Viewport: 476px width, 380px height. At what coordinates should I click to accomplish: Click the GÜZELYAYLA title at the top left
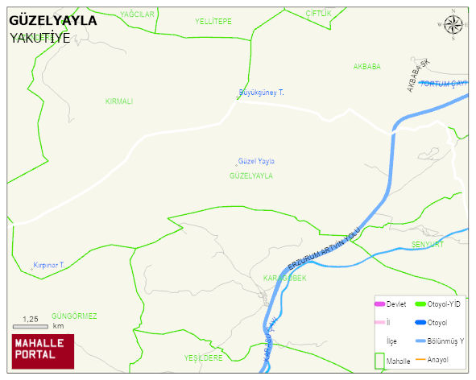tap(52, 21)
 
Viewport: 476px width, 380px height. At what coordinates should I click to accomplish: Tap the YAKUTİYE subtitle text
tap(39, 38)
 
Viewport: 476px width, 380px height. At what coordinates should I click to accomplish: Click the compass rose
tap(454, 27)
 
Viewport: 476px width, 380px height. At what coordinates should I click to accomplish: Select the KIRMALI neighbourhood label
tap(118, 101)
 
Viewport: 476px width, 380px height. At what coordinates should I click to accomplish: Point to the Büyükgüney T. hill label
tap(262, 93)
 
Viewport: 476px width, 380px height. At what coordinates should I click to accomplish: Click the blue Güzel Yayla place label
tap(256, 161)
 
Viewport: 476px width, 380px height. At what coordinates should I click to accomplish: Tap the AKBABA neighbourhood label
tap(366, 66)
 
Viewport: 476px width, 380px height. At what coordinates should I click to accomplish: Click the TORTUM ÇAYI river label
tap(444, 84)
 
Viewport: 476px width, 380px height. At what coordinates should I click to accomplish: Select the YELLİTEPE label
tap(213, 20)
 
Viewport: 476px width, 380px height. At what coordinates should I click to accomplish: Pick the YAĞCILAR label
tap(136, 14)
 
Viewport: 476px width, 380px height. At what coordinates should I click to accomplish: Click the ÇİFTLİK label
tap(318, 14)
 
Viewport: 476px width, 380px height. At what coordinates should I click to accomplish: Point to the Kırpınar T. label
tap(48, 264)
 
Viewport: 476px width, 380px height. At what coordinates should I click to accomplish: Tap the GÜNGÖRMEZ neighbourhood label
tap(74, 316)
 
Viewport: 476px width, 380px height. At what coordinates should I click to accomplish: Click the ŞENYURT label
tap(428, 244)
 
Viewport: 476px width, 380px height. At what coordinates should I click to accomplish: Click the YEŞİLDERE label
tap(203, 357)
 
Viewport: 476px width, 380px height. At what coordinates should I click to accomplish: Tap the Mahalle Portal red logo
tap(42, 349)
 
